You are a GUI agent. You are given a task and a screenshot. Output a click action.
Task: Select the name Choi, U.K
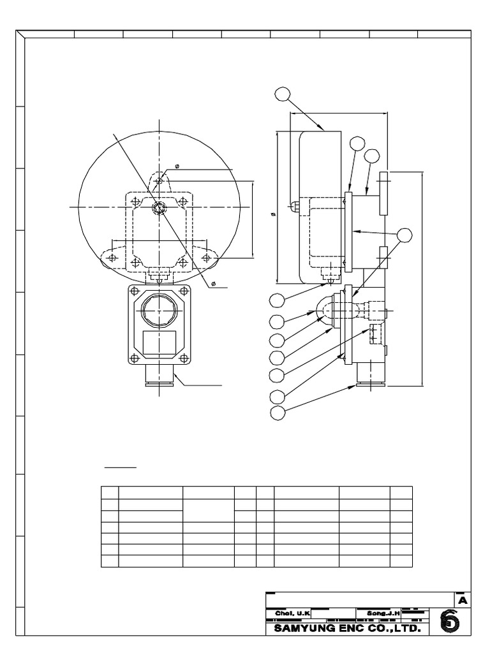[x=288, y=613]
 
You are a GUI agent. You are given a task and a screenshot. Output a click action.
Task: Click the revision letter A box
[x=462, y=600]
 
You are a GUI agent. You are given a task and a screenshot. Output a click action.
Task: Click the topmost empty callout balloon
[x=282, y=94]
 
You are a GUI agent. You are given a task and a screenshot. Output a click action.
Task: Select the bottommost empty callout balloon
[x=278, y=413]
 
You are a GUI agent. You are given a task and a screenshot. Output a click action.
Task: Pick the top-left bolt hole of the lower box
[x=133, y=291]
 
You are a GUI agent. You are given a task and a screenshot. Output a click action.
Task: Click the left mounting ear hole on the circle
[x=112, y=257]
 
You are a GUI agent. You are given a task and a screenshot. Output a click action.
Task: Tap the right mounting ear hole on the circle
[x=205, y=257]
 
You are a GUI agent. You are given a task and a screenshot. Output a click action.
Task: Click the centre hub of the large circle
[x=159, y=208]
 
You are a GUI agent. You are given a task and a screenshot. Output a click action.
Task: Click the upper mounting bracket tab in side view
[x=383, y=193]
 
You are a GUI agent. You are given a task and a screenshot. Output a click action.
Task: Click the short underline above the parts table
[x=121, y=467]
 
